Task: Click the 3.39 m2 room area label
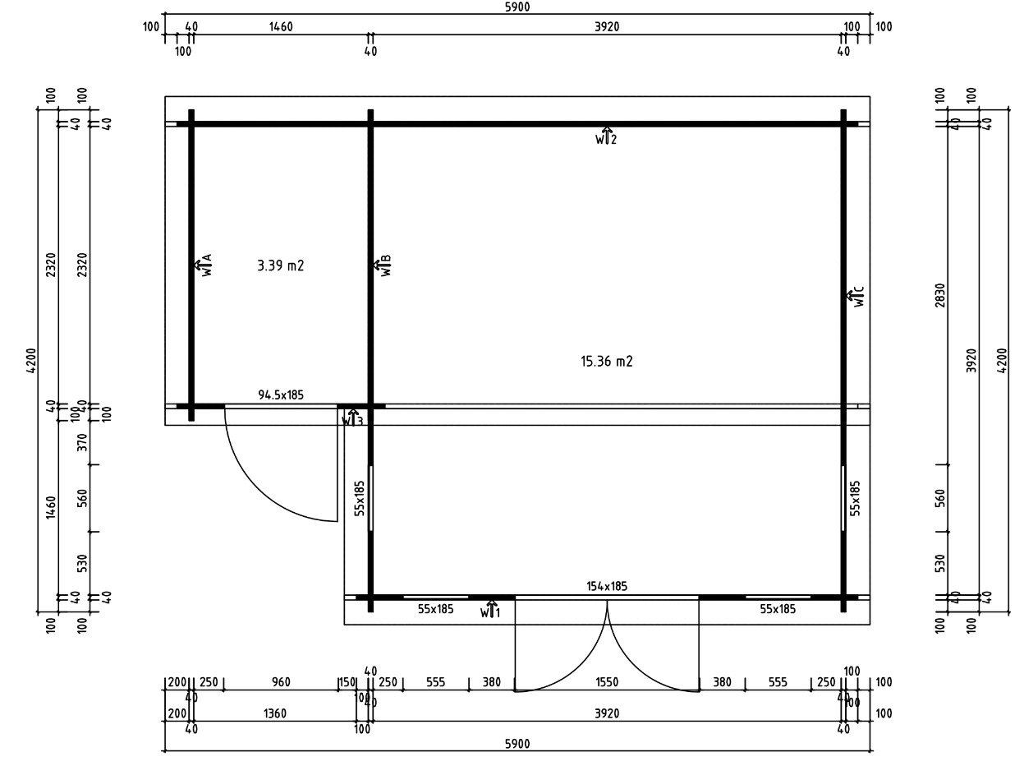(x=280, y=265)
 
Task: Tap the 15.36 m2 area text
(x=606, y=361)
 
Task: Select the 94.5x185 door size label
(x=281, y=395)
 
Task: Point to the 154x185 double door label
(x=606, y=586)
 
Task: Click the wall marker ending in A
(x=203, y=265)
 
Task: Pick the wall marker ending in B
(x=382, y=265)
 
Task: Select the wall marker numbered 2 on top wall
(x=606, y=136)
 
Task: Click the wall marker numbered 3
(x=351, y=418)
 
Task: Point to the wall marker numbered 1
(x=490, y=610)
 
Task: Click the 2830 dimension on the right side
(x=940, y=294)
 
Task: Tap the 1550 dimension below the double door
(x=606, y=682)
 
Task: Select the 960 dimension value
(x=281, y=682)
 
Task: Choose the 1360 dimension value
(x=274, y=713)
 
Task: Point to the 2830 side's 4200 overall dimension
(x=1002, y=360)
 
